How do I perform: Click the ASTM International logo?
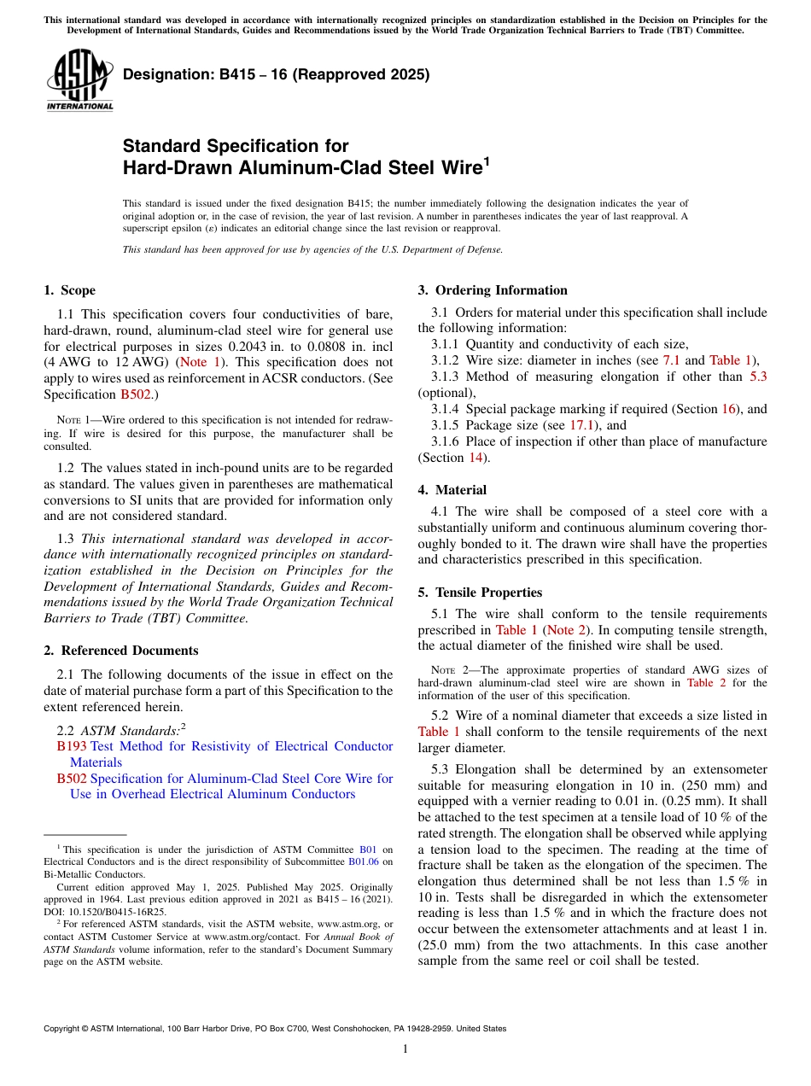(x=79, y=80)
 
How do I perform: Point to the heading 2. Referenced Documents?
(x=120, y=651)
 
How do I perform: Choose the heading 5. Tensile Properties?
(x=480, y=593)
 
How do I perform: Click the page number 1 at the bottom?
(x=405, y=1049)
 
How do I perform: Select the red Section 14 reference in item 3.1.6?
(x=476, y=458)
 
